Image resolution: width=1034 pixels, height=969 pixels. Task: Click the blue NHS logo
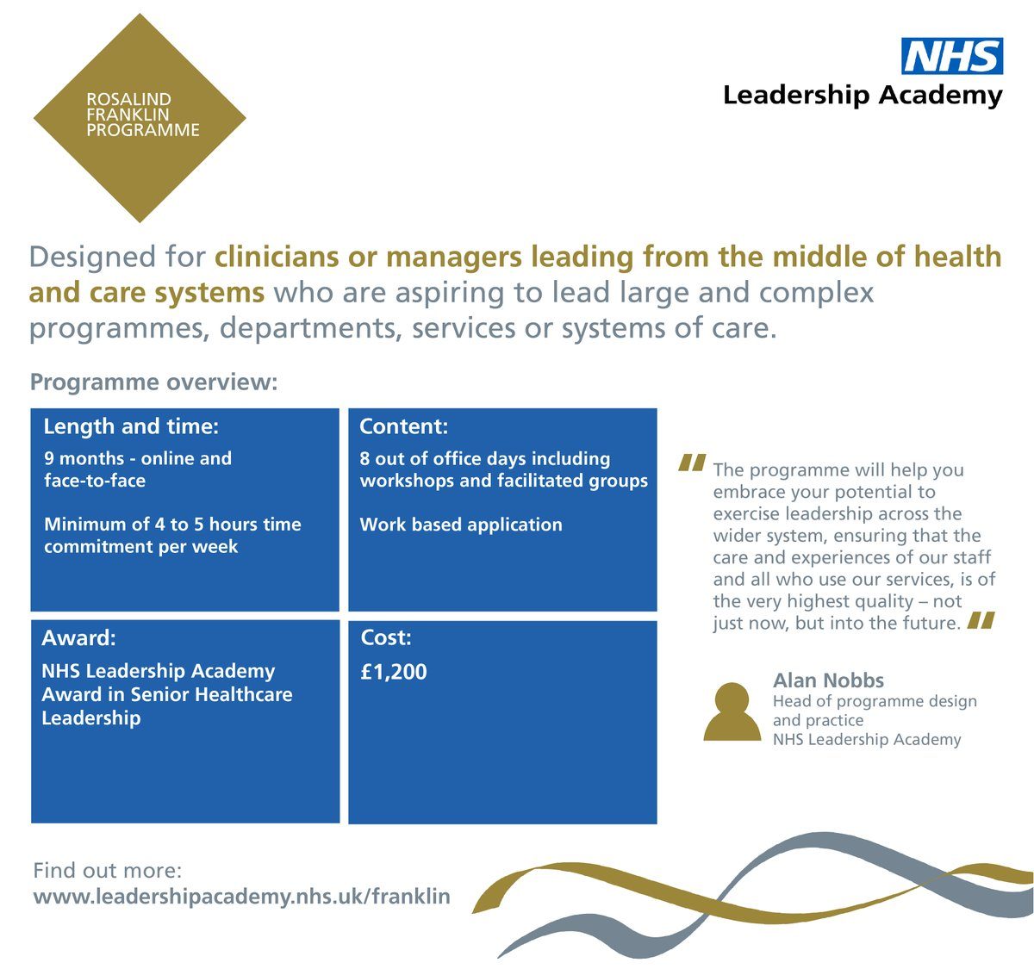[x=952, y=56]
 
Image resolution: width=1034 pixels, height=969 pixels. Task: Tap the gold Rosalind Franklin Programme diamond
[x=140, y=118]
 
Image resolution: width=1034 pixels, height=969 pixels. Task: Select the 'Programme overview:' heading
[x=154, y=382]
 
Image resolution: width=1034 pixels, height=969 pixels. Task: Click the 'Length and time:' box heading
[x=131, y=427]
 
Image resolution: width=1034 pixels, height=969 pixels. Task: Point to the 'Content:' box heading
[x=403, y=426]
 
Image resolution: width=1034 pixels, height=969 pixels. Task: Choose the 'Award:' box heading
[x=78, y=638]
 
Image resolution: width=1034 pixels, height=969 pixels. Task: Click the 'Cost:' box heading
[x=386, y=638]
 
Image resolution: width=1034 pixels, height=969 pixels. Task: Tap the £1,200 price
[x=394, y=672]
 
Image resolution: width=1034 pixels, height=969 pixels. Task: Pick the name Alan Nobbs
[x=828, y=680]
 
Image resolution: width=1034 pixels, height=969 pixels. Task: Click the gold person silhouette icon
[x=732, y=711]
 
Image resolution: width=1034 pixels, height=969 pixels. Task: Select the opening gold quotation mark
[x=692, y=463]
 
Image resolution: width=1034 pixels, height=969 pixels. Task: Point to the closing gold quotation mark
[x=981, y=620]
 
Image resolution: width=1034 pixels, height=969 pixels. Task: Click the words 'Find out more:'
[x=107, y=871]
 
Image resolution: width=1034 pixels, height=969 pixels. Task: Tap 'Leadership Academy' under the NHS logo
[x=863, y=96]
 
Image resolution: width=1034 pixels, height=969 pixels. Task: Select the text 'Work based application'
[x=461, y=525]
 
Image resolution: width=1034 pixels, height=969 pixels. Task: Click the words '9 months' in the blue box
[x=84, y=458]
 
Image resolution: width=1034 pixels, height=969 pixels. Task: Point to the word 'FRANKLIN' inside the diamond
[x=128, y=115]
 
